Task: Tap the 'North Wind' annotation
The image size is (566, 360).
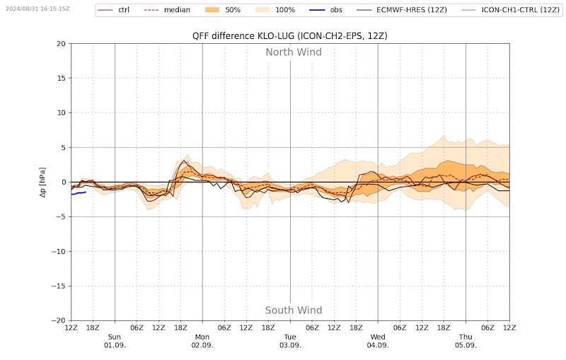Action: pos(294,52)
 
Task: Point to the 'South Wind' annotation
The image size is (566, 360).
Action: pos(294,310)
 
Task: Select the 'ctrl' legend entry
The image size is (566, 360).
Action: pos(114,10)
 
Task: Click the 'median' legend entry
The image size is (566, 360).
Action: pos(167,10)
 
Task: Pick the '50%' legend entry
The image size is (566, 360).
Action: pos(223,10)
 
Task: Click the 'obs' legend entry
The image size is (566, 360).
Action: pos(326,10)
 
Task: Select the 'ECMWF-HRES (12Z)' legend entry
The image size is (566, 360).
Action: pos(402,10)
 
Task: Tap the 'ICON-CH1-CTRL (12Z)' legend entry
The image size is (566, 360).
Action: pos(510,10)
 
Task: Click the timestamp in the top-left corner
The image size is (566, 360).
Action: pos(37,8)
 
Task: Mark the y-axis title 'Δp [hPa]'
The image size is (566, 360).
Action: pos(43,182)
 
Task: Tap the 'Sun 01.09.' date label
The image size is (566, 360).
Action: pos(115,341)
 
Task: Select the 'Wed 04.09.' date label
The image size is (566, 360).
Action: pos(378,341)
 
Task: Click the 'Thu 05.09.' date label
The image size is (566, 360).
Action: pos(466,341)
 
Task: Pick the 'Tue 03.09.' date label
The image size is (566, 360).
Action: pos(290,341)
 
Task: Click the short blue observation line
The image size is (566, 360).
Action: pos(79,193)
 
